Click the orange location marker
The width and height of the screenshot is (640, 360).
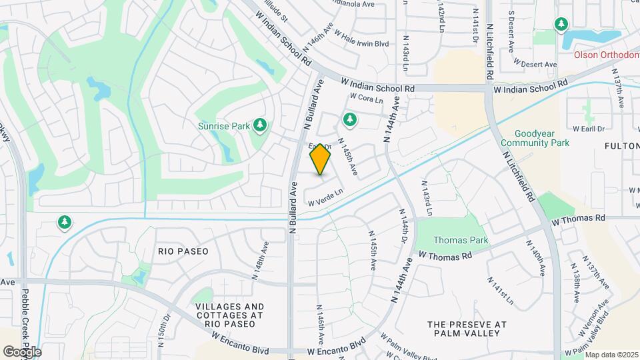(x=321, y=159)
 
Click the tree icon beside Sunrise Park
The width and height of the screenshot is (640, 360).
(x=260, y=125)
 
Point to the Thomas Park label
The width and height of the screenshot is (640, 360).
(x=461, y=240)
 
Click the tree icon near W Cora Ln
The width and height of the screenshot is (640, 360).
(x=349, y=120)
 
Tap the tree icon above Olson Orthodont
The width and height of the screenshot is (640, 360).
(x=561, y=25)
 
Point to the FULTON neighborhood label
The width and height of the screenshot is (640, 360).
(x=621, y=145)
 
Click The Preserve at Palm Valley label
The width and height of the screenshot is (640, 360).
(x=463, y=328)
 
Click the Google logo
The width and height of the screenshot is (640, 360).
(x=21, y=351)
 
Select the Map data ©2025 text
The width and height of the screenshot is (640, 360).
(x=611, y=354)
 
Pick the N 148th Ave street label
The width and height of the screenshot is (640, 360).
(x=261, y=260)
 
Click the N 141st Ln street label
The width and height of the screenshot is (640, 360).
(x=501, y=291)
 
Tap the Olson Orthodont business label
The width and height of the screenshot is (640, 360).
(x=606, y=55)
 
